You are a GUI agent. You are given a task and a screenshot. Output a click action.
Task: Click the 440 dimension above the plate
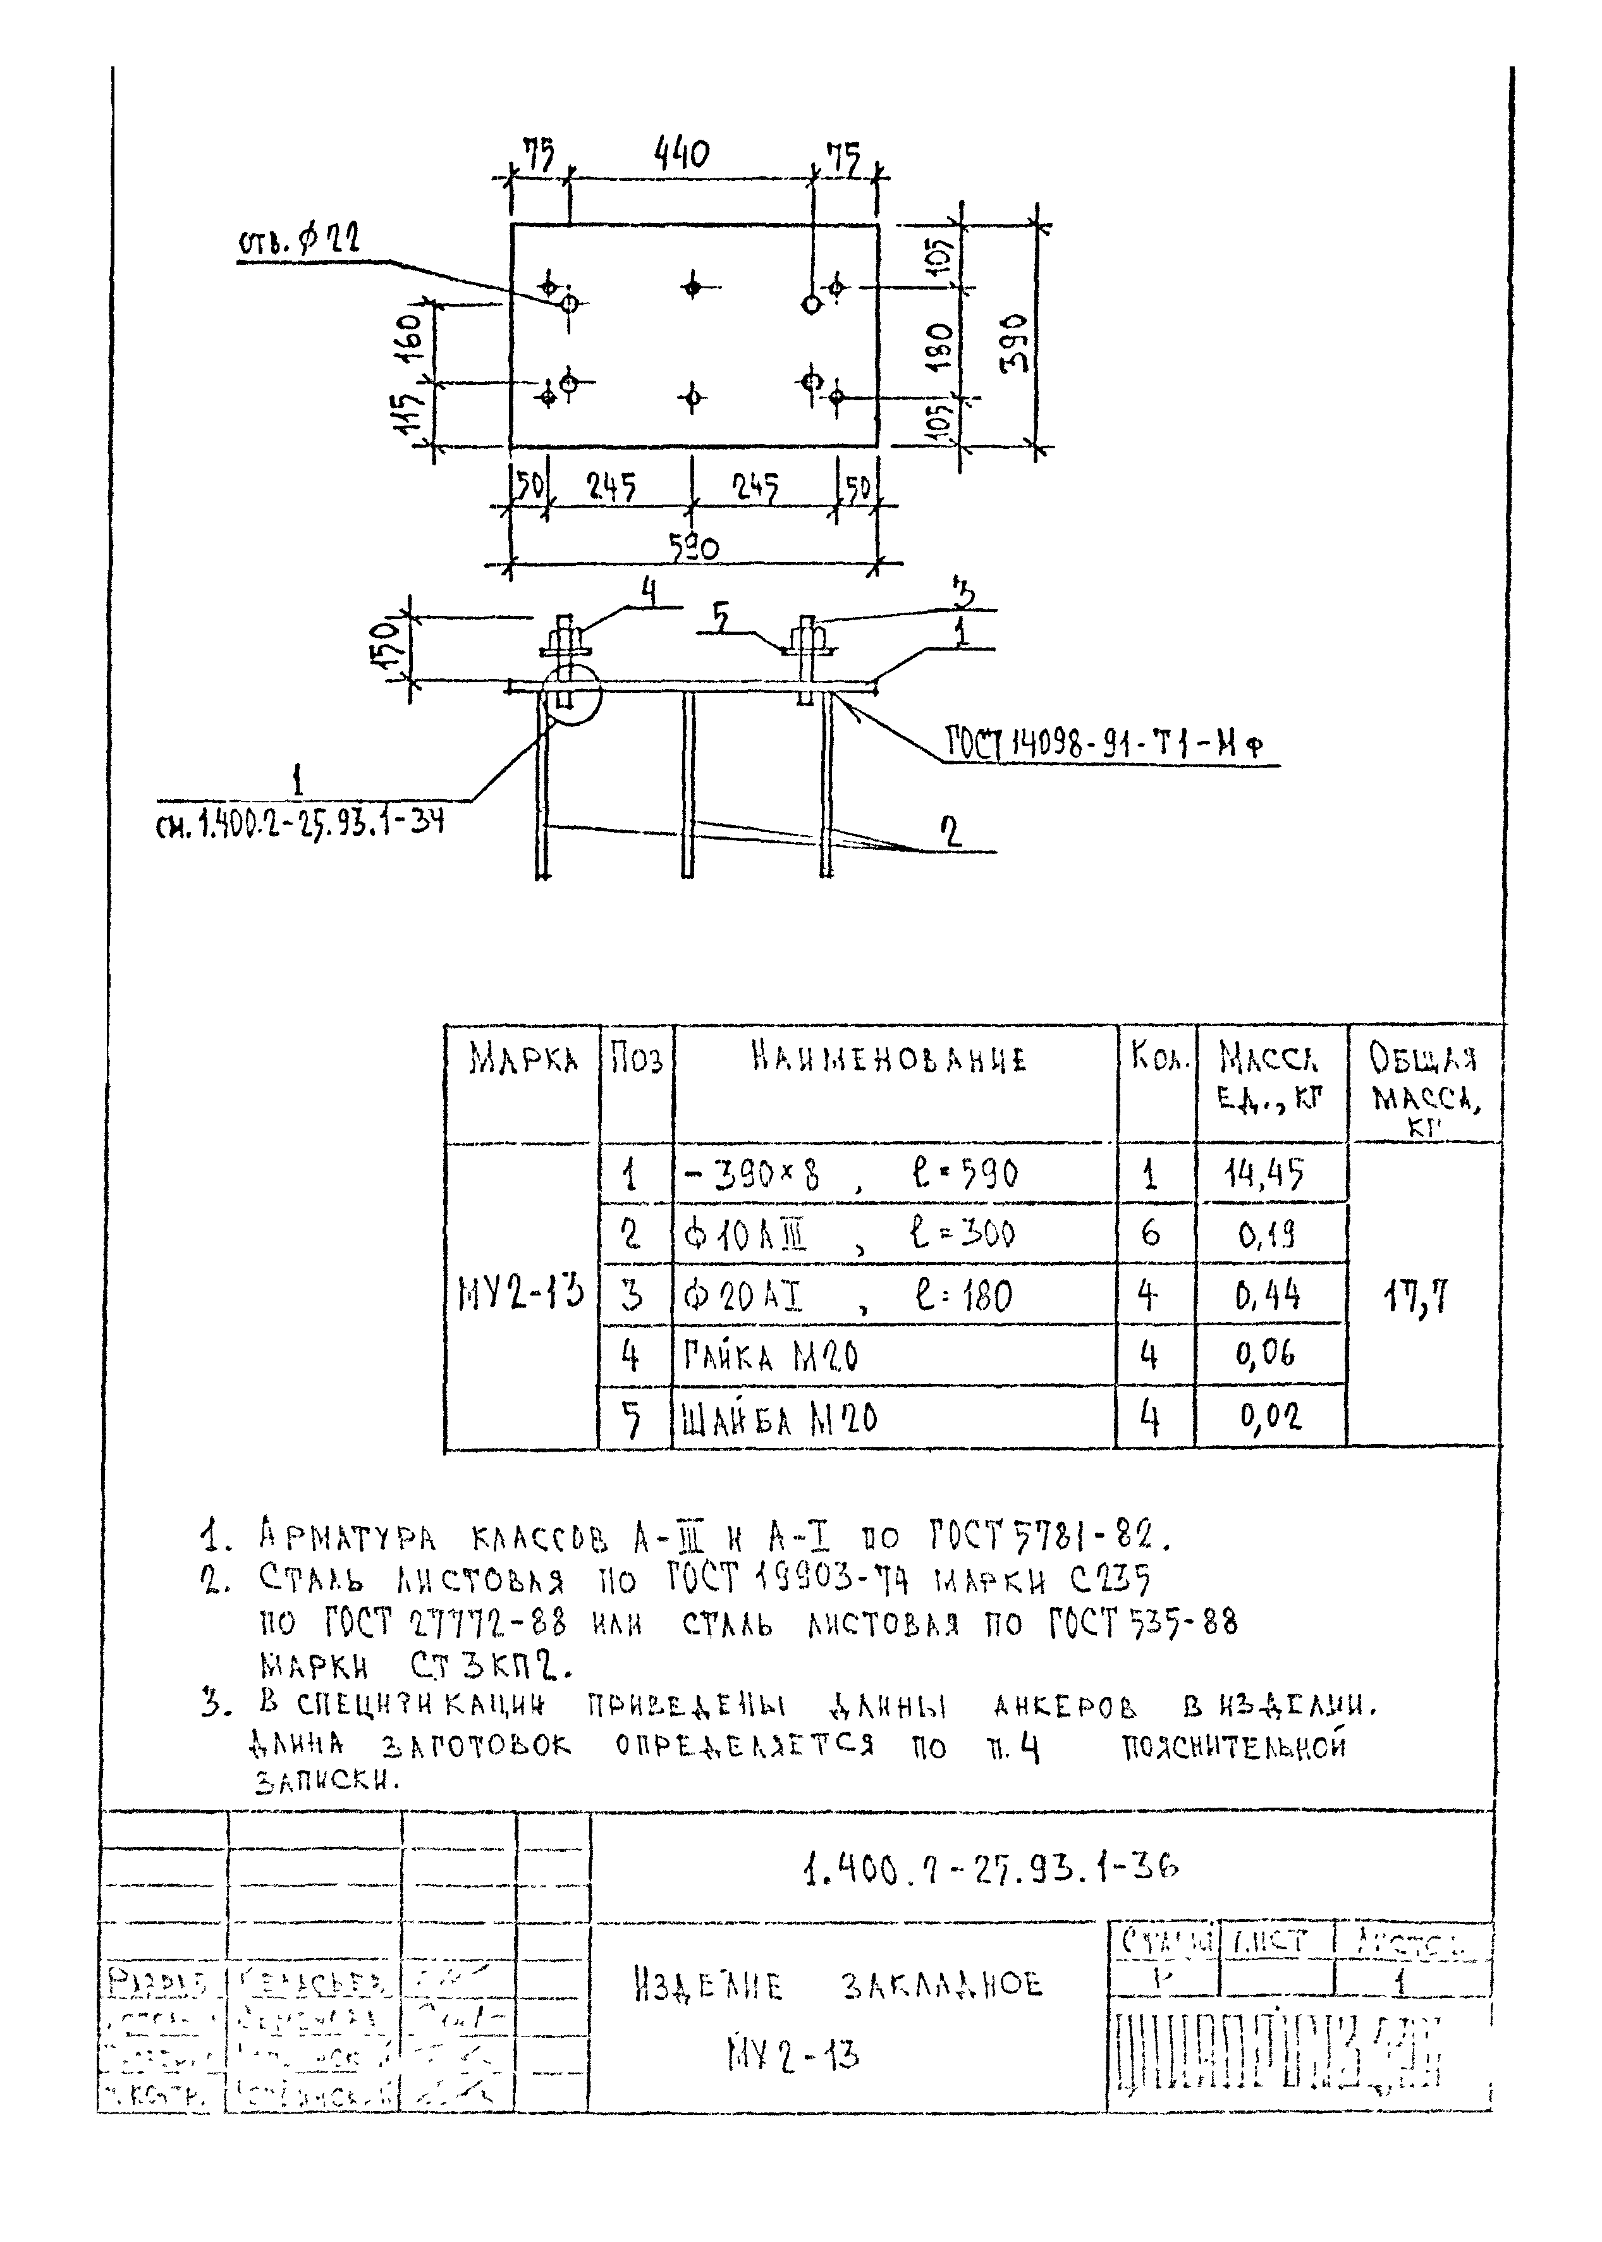pyautogui.click(x=681, y=155)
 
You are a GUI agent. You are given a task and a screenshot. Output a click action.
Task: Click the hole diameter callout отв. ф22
pyautogui.click(x=299, y=242)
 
